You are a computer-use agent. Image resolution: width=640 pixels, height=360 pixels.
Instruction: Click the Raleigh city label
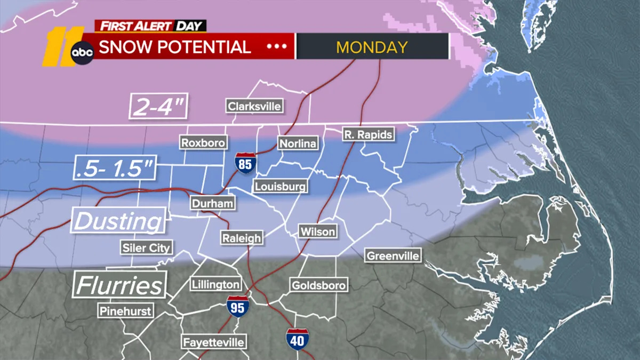242,238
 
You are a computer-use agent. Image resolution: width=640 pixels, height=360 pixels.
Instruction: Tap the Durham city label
213,203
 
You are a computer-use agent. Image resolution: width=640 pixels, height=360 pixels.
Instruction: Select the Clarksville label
254,106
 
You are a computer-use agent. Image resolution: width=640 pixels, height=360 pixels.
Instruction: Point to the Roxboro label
203,142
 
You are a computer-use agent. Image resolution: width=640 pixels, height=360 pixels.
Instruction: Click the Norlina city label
298,143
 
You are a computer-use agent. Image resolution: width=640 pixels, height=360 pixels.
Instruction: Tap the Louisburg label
280,186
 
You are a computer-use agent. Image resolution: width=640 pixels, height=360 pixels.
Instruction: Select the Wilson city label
318,231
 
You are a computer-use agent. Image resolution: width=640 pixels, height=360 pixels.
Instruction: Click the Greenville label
393,255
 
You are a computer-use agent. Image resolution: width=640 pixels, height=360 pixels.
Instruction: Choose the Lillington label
216,284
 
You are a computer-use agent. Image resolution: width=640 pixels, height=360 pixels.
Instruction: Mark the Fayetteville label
214,342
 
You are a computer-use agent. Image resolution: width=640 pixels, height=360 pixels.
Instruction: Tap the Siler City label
146,247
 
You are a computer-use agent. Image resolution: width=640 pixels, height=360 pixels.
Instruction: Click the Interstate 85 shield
245,163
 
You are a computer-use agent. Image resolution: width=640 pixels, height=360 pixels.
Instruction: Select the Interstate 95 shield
237,307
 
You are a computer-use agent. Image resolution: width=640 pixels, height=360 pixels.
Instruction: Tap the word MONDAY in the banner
372,46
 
